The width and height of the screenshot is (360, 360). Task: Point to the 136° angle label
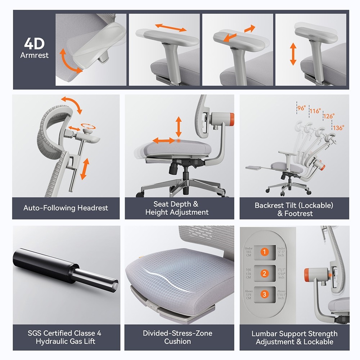(x=338, y=127)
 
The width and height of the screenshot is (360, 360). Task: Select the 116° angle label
(x=315, y=111)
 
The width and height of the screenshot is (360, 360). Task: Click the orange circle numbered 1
(x=264, y=252)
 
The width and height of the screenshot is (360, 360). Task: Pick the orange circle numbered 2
(x=264, y=274)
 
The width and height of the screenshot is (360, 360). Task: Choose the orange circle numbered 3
(x=264, y=294)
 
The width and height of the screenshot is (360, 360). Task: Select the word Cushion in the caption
(x=177, y=341)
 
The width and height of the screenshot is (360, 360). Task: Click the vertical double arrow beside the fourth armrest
(x=293, y=54)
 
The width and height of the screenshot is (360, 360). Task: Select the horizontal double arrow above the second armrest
(x=171, y=28)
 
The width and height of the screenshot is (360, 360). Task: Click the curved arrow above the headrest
(x=72, y=104)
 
